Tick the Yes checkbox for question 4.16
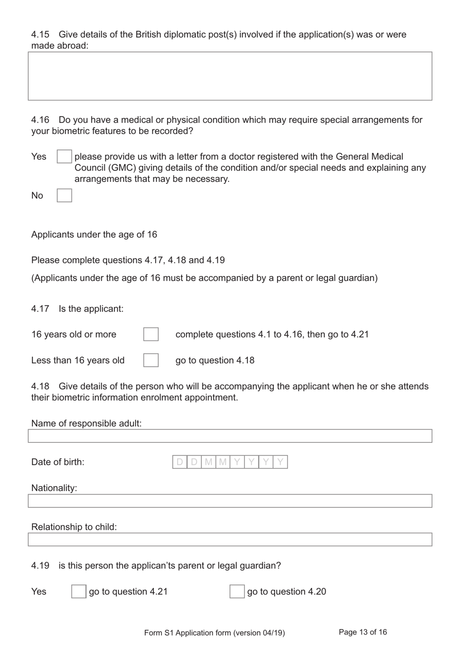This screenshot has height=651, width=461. coord(64,157)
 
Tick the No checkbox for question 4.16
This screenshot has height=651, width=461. coord(64,195)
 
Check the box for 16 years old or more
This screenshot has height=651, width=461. coord(151,334)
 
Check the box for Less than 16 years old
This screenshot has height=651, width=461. coord(151,360)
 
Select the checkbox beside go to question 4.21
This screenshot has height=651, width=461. coord(79,591)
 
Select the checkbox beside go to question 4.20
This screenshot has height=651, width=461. coord(237,591)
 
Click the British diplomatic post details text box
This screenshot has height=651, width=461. coord(230,76)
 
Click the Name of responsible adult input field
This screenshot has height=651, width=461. coord(230,436)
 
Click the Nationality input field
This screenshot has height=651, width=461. coord(230,501)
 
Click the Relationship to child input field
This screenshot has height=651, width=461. coord(230,539)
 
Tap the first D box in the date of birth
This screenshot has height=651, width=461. coord(180,462)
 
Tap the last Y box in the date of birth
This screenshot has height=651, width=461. coord(280,462)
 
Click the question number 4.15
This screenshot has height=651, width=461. coord(40,34)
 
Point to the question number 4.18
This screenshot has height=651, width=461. coord(40,386)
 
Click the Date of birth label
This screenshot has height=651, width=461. coord(58,462)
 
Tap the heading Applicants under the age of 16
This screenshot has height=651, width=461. coord(94,234)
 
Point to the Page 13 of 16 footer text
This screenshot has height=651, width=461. coord(362,632)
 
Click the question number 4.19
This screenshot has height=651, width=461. coord(40,566)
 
